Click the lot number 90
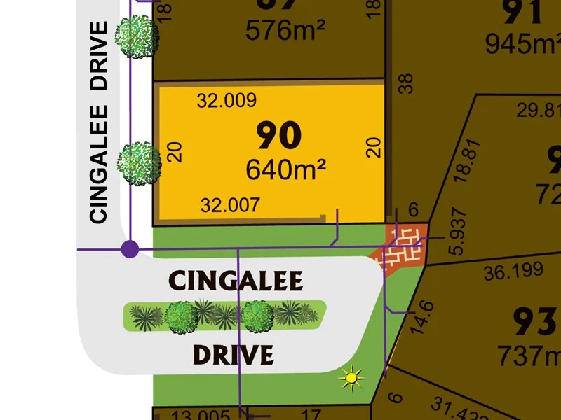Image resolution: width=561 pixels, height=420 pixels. [279, 135]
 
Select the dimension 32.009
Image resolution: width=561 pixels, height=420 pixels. [227, 100]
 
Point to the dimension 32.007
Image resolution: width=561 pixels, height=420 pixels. [230, 205]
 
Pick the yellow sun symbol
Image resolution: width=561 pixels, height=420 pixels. [352, 379]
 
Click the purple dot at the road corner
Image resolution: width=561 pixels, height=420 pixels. [130, 248]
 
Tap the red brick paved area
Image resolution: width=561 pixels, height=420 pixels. [404, 245]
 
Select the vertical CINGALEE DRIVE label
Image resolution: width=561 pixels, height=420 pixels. [99, 122]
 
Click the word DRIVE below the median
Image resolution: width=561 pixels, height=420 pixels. [233, 355]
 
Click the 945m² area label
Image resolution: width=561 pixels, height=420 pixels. [522, 44]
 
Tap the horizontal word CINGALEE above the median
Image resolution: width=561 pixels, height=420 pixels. [236, 281]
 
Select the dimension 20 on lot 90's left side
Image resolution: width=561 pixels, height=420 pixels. [175, 151]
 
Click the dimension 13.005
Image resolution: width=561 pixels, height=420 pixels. [189, 414]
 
